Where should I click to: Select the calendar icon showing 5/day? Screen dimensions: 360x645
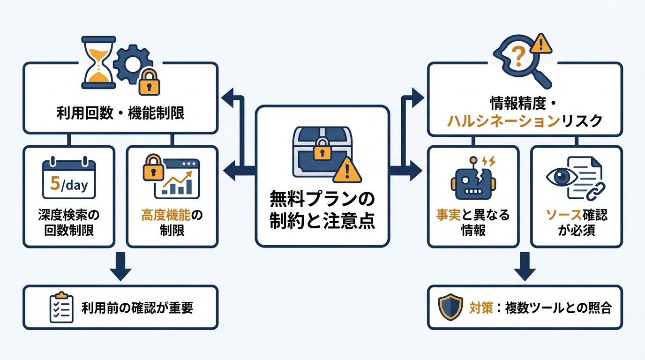68,180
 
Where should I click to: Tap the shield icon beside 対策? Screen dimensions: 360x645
449,307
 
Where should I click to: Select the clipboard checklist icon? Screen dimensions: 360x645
61,307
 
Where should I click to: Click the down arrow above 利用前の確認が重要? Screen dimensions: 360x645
120,267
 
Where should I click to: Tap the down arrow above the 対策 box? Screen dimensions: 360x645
525,267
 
